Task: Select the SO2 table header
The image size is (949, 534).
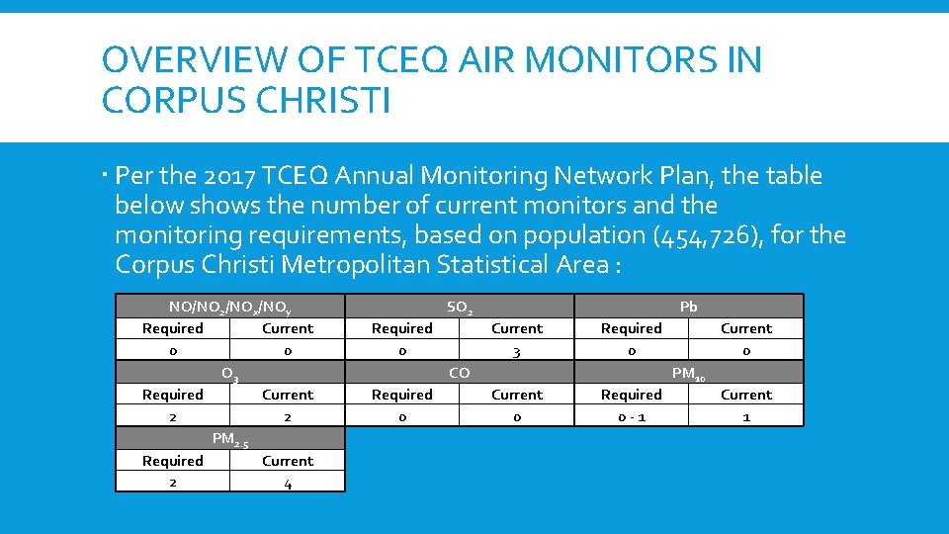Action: [460, 307]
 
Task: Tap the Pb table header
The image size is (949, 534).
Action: [689, 307]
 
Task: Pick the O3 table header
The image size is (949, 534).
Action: [229, 374]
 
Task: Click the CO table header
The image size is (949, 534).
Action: [460, 373]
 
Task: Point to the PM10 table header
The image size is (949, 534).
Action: [688, 374]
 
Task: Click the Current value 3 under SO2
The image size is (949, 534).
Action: [517, 351]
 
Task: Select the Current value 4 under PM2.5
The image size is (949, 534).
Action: [288, 484]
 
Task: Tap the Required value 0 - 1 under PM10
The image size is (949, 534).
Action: [632, 417]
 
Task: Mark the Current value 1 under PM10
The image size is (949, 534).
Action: [746, 417]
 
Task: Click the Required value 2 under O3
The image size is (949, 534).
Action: [173, 417]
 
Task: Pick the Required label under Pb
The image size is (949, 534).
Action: [632, 328]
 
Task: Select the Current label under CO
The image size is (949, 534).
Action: [517, 395]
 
